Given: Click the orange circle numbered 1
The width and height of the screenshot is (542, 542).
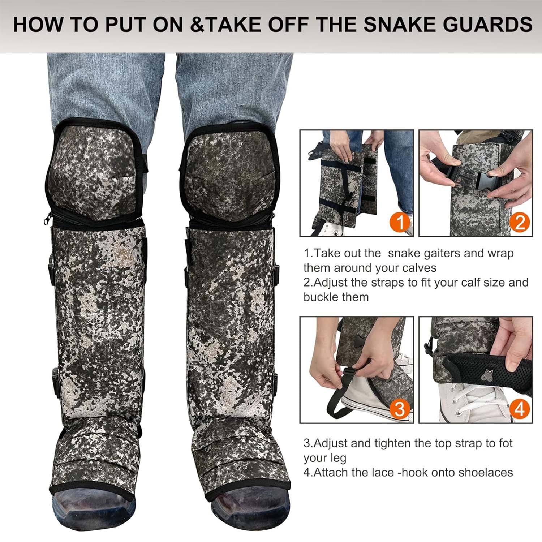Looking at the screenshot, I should pos(400,223).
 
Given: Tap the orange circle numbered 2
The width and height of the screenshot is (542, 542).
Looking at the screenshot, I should pos(520,223).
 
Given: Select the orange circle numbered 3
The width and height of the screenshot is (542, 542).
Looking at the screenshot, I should pos(400,409).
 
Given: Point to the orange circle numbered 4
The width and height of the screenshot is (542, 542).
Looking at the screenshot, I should pos(519,409).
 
